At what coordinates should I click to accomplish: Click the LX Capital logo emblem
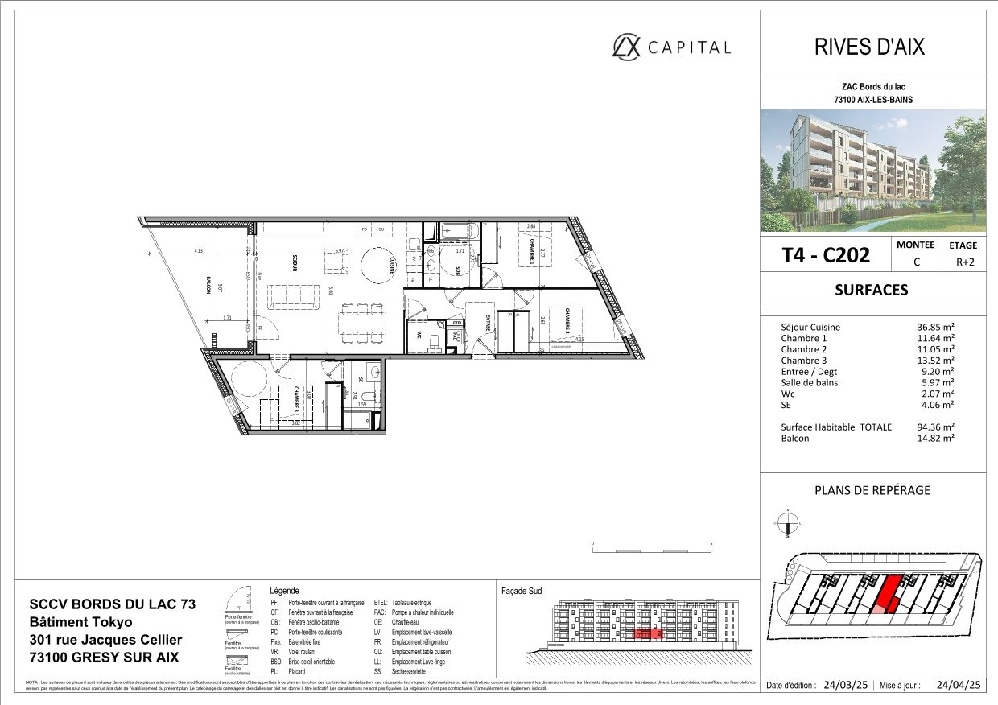click(x=628, y=47)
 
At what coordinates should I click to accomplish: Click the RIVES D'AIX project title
click(x=870, y=47)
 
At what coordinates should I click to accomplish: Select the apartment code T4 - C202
click(x=826, y=255)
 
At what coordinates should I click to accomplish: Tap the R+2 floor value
click(x=963, y=262)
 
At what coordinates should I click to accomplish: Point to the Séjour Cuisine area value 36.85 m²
click(x=937, y=328)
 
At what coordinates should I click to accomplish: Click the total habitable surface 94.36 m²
click(x=937, y=427)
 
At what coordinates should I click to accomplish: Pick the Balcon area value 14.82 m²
click(x=937, y=439)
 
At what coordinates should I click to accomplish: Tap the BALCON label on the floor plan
click(x=208, y=285)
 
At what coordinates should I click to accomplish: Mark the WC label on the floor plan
click(x=419, y=334)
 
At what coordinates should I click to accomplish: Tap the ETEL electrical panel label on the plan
click(x=458, y=324)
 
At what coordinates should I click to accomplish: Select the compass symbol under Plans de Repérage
click(x=788, y=524)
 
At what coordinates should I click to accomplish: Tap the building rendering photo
click(x=872, y=171)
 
